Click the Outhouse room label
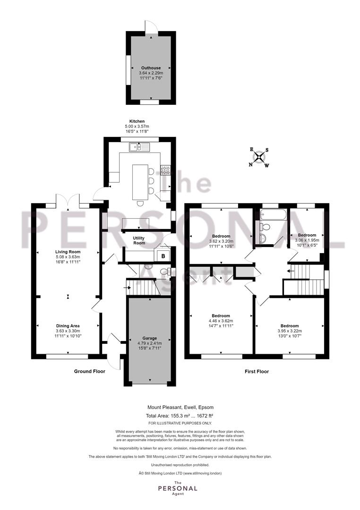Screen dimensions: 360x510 pos(151,68)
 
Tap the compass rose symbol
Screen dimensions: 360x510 pos(259,157)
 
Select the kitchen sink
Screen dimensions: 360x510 pos(139,147)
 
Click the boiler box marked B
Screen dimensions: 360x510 pos(163,256)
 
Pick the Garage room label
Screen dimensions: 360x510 pos(149,338)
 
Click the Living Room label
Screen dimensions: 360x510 pos(68,252)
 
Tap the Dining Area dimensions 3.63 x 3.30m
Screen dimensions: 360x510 pos(68,331)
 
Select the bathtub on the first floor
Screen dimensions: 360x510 pos(274,214)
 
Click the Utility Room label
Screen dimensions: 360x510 pos(139,241)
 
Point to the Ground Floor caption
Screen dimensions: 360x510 pos(89,371)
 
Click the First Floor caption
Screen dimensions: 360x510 pos(257,371)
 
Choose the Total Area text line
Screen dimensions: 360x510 pos(180,416)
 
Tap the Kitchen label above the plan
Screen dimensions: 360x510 pos(137,121)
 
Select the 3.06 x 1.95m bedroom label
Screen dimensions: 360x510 pos(307,240)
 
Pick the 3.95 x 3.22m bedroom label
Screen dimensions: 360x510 pos(290,331)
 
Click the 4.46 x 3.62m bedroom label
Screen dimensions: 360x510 pos(221,321)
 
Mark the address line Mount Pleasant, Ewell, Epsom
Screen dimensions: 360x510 pos(180,407)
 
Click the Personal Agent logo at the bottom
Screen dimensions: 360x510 pos(178,488)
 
